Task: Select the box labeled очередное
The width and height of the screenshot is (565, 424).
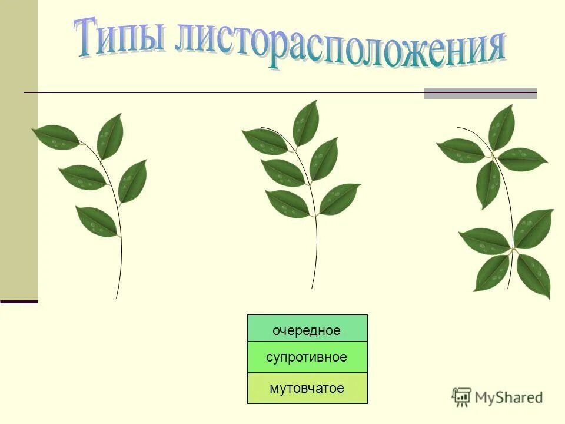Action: [307, 330]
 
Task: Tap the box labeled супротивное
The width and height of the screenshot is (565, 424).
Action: [307, 357]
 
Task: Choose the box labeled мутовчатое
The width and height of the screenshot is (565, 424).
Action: [307, 388]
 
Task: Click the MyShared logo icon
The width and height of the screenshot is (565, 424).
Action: [462, 397]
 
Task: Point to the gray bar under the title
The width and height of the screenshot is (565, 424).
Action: [480, 93]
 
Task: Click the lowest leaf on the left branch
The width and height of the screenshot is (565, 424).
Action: [96, 221]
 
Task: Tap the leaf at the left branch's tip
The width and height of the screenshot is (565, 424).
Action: [56, 137]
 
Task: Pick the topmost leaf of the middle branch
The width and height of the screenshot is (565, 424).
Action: [306, 122]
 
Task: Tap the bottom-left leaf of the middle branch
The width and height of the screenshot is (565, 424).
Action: [287, 203]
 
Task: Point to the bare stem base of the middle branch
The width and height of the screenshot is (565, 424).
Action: [315, 259]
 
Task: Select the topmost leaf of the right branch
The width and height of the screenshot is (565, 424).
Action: [501, 127]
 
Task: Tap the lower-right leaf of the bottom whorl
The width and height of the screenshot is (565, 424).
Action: [533, 275]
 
